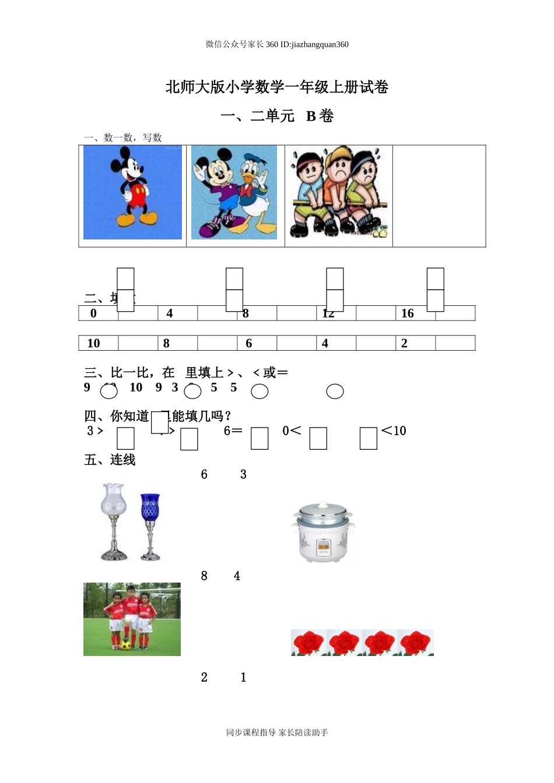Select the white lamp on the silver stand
click(114, 520)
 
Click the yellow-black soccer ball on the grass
click(125, 644)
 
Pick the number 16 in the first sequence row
click(407, 313)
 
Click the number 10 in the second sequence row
click(93, 343)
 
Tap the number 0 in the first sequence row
click(93, 313)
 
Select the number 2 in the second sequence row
click(404, 343)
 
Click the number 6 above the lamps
click(204, 474)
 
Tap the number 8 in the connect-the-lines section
click(204, 576)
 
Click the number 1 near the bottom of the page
click(243, 677)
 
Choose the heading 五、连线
click(110, 460)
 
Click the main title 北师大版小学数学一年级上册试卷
click(277, 87)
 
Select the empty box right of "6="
click(260, 439)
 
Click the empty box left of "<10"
click(369, 439)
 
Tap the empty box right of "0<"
click(318, 439)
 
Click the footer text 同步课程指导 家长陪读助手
click(277, 732)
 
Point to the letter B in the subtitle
click(311, 116)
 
